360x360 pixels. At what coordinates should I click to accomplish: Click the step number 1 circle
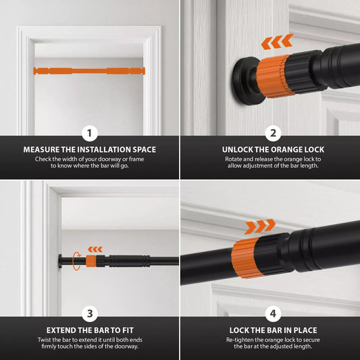click(x=90, y=133)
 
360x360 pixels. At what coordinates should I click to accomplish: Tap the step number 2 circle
click(x=273, y=133)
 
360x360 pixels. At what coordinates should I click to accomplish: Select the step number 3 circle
click(x=90, y=313)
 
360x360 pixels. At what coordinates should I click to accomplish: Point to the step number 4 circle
click(x=273, y=313)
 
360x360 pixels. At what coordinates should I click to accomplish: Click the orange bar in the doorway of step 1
click(x=89, y=71)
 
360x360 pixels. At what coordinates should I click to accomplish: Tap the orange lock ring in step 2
click(x=274, y=76)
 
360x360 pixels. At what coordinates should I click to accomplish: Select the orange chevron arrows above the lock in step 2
click(x=277, y=42)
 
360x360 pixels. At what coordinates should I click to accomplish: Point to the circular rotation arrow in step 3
click(x=77, y=261)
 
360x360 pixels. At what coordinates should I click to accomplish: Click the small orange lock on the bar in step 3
click(x=91, y=261)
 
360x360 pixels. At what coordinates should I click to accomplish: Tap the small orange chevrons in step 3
click(x=95, y=249)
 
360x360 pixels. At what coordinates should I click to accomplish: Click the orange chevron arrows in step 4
click(x=259, y=227)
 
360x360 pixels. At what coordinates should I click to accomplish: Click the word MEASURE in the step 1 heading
click(x=41, y=150)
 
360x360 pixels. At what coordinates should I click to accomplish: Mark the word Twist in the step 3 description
click(x=45, y=340)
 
